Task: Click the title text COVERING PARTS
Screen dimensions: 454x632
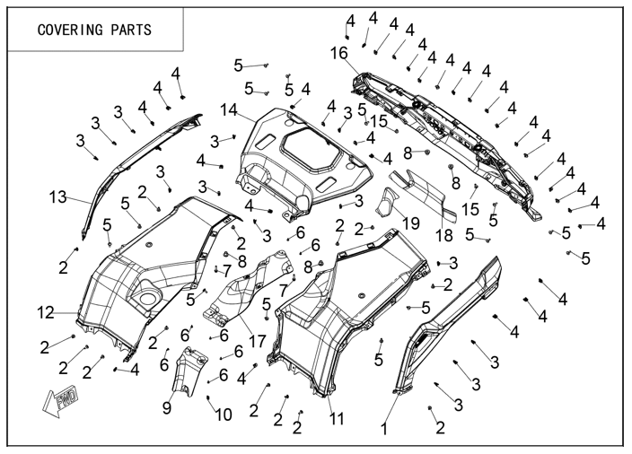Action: click(x=93, y=29)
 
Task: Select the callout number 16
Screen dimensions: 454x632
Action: click(x=338, y=54)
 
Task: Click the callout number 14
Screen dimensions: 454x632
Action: click(x=228, y=110)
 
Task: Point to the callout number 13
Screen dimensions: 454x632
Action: click(x=58, y=196)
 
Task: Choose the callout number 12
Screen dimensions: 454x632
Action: click(x=46, y=313)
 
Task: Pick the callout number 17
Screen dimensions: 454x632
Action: click(x=258, y=341)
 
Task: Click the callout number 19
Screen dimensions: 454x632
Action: click(x=411, y=223)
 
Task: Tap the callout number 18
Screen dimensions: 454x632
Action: click(x=444, y=236)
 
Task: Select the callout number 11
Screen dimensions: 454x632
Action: click(x=337, y=418)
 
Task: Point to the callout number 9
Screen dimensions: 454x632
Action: click(x=167, y=406)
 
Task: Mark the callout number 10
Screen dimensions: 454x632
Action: click(x=223, y=415)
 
